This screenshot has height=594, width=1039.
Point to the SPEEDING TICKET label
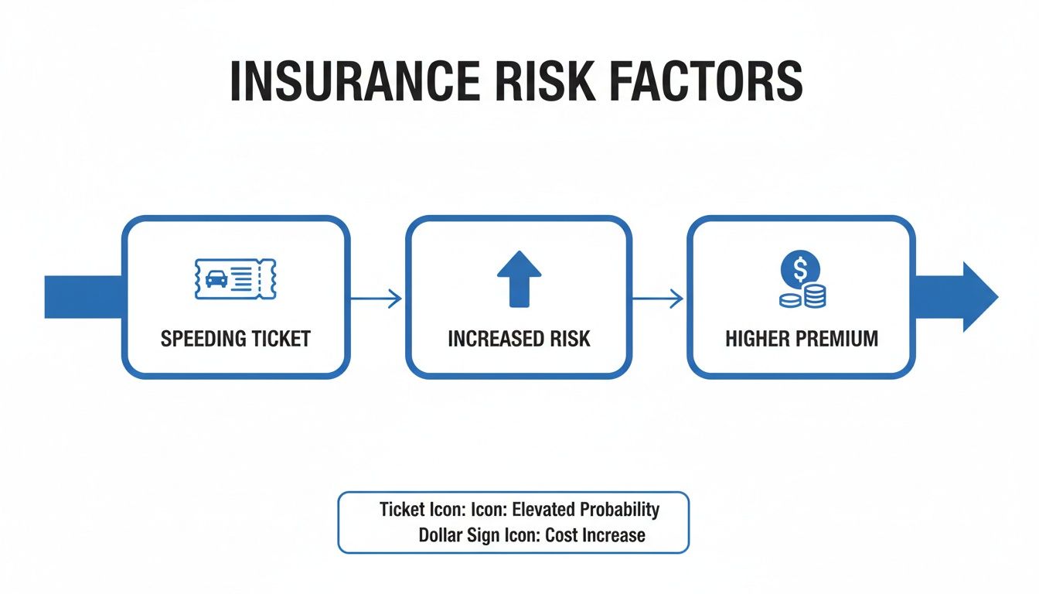tap(235, 339)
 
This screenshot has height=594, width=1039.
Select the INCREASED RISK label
tap(519, 339)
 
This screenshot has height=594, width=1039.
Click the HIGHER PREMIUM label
tap(802, 339)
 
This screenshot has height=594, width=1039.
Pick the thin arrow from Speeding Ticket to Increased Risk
tap(376, 299)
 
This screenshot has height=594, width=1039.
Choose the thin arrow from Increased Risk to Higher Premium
tap(659, 299)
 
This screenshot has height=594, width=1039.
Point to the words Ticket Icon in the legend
tap(414, 510)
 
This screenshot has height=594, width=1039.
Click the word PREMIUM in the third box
tap(839, 339)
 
